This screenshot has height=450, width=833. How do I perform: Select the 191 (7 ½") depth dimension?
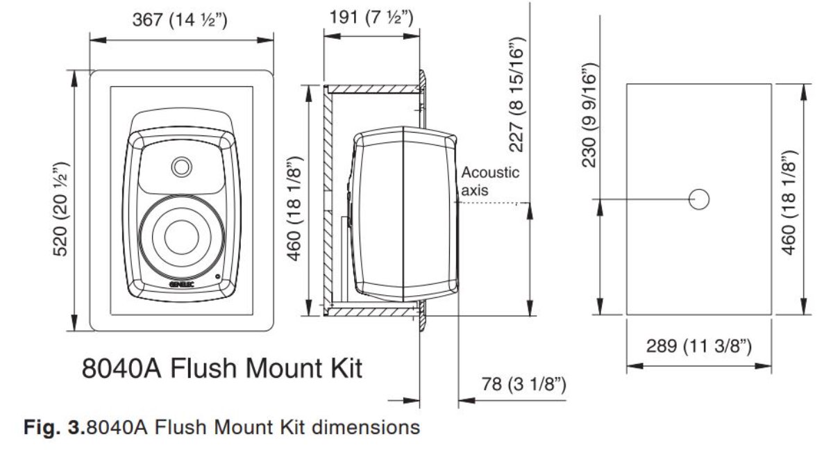tap(371, 17)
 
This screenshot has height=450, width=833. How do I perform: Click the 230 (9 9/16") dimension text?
tap(589, 115)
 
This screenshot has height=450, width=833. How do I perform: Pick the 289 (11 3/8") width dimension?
tap(699, 345)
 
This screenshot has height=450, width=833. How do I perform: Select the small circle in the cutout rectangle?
tap(700, 199)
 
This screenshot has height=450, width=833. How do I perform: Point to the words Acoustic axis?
tap(490, 181)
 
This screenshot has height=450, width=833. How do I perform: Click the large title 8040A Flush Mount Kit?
tap(222, 368)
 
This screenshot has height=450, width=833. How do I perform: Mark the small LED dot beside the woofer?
tap(219, 277)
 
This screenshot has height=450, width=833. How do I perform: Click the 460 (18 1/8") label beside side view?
tap(295, 208)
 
